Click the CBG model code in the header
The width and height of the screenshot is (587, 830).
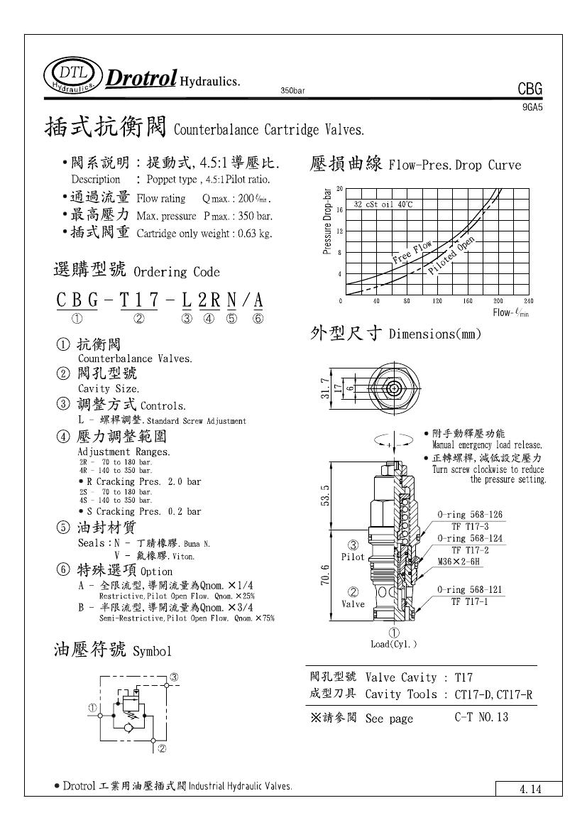pyautogui.click(x=530, y=89)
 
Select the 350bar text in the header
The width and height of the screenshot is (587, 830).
pyautogui.click(x=292, y=91)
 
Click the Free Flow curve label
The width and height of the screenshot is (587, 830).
pyautogui.click(x=413, y=253)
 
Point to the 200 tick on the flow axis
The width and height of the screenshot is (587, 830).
pyautogui.click(x=498, y=302)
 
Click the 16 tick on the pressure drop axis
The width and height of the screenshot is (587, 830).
pyautogui.click(x=340, y=210)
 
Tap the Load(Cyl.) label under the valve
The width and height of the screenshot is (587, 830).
pyautogui.click(x=394, y=645)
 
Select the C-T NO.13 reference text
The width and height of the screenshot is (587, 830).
pyautogui.click(x=481, y=717)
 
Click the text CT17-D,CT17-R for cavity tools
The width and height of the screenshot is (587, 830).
pyautogui.click(x=493, y=694)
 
